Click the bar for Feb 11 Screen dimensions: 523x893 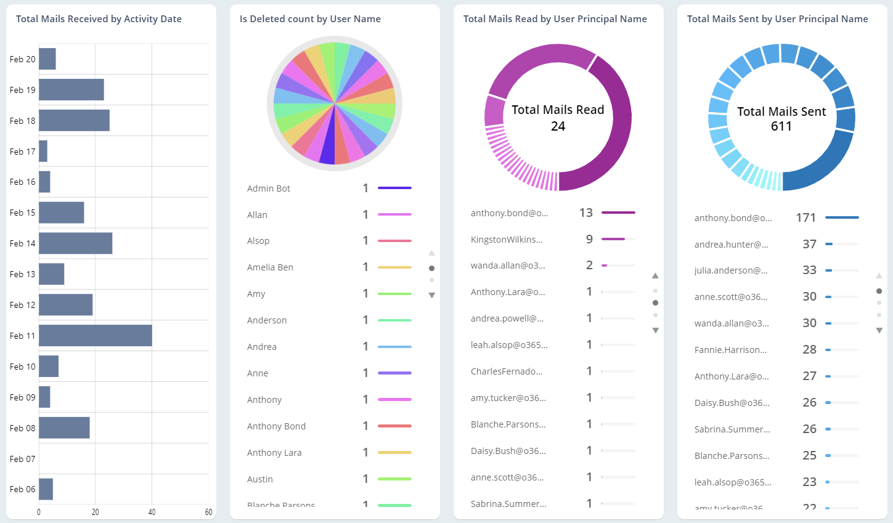click(x=95, y=336)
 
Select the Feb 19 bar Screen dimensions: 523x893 click(x=71, y=89)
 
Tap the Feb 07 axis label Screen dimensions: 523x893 click(x=22, y=459)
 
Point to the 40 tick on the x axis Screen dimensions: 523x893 click(x=152, y=512)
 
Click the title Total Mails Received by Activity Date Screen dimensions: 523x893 click(x=99, y=19)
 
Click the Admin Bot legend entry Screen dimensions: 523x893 click(x=269, y=189)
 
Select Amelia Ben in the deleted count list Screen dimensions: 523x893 click(x=270, y=267)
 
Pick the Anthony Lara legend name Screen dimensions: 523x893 click(x=274, y=453)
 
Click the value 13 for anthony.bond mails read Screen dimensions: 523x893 click(x=585, y=213)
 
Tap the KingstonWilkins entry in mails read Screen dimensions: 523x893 click(x=507, y=240)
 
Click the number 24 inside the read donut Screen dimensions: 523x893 click(x=558, y=126)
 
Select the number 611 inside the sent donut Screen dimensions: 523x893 click(x=781, y=126)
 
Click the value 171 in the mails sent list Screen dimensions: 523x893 click(x=805, y=217)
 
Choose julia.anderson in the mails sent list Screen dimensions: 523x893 click(x=731, y=270)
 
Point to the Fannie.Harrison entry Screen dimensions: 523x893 click(x=730, y=350)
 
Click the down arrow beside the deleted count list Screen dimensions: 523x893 click(x=431, y=296)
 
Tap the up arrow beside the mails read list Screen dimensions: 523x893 click(x=655, y=276)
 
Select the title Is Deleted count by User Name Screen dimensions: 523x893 click(x=310, y=19)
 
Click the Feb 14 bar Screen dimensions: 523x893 click(x=75, y=243)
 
